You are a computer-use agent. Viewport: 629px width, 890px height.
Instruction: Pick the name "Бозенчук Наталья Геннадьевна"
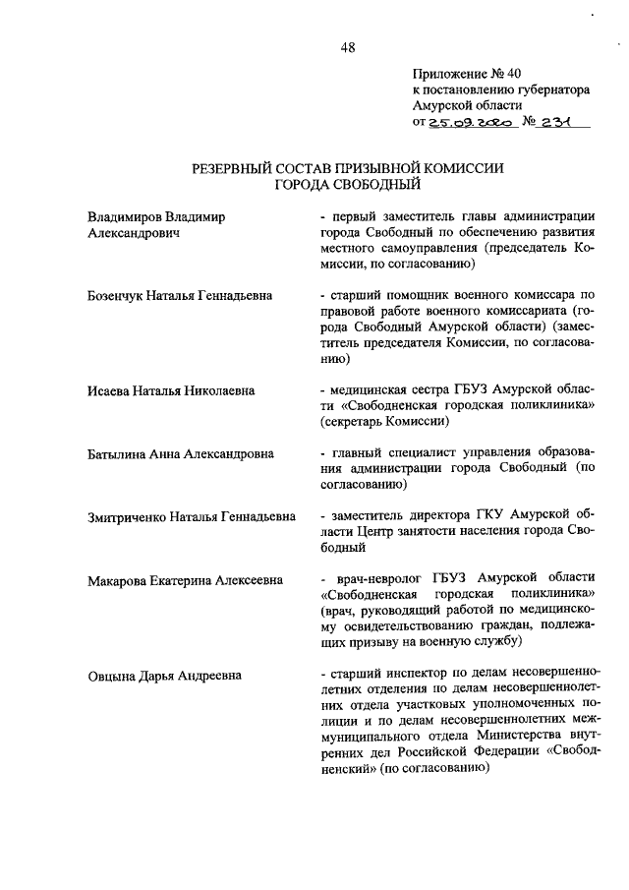[179, 295]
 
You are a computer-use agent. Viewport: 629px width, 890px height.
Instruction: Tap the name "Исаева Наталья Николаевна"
[171, 390]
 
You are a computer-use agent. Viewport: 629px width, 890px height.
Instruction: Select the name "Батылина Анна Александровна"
[180, 453]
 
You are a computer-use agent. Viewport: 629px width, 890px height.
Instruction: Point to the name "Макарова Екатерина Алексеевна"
[186, 580]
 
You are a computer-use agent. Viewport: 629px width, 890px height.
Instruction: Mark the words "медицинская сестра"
[388, 390]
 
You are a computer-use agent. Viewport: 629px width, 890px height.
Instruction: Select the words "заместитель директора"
[401, 516]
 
